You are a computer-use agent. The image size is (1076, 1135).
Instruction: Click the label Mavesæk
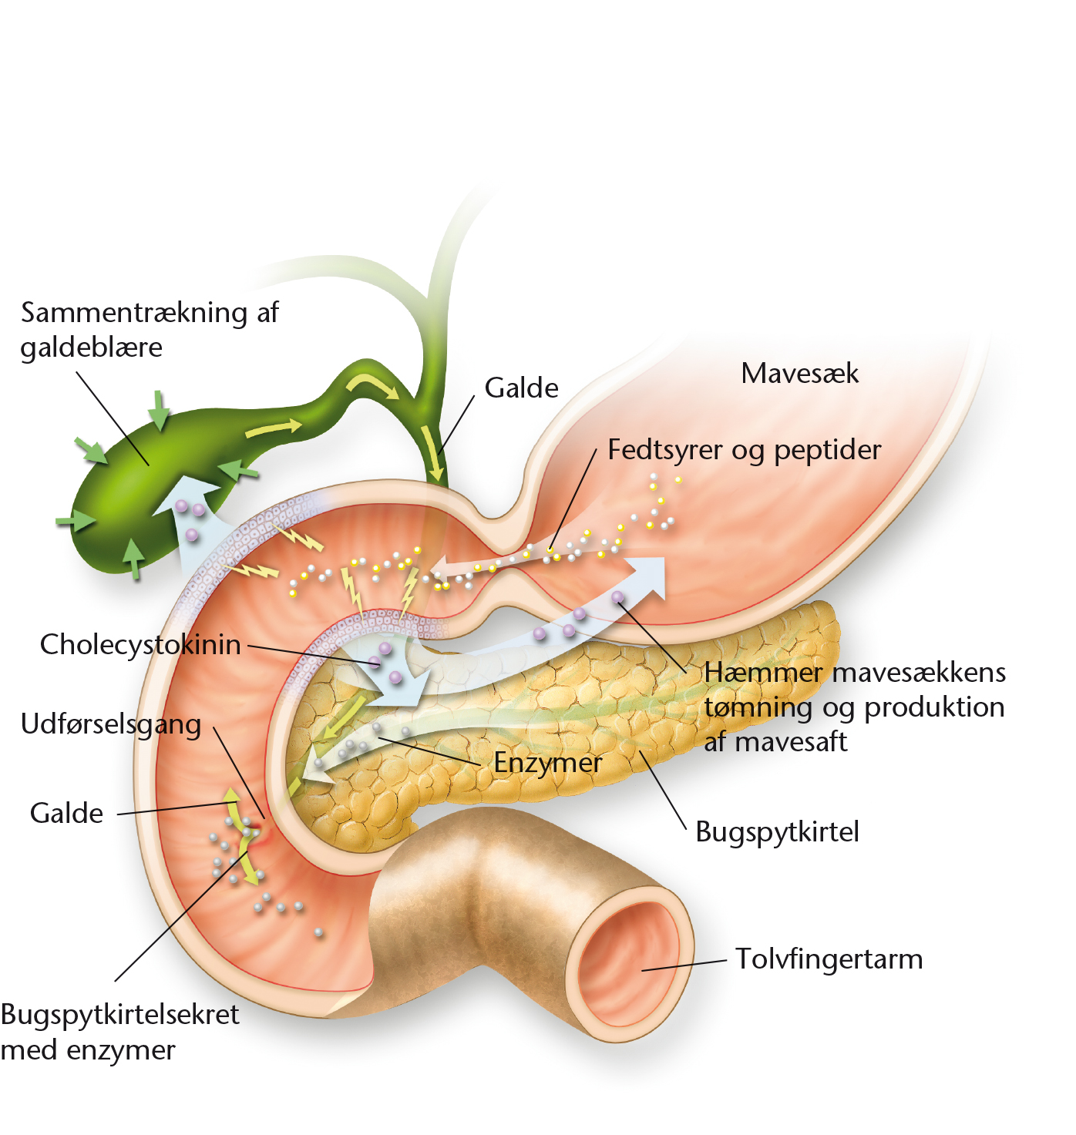click(x=799, y=374)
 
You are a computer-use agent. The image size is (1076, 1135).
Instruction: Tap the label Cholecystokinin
click(x=140, y=644)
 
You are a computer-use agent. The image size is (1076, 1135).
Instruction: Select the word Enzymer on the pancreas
click(x=547, y=763)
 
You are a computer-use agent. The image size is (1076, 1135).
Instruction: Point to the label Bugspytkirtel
click(x=777, y=832)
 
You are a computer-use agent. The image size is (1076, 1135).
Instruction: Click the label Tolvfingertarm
click(x=829, y=959)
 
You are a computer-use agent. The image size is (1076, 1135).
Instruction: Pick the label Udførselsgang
click(x=111, y=724)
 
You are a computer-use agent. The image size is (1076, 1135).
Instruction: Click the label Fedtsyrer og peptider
click(x=745, y=450)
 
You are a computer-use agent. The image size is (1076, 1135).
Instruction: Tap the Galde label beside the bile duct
click(x=521, y=388)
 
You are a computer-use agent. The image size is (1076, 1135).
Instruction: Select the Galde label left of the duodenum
click(x=66, y=814)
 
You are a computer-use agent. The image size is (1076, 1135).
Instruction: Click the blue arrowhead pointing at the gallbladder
click(x=186, y=494)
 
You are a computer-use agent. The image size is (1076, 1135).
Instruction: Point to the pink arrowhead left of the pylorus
click(x=442, y=568)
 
